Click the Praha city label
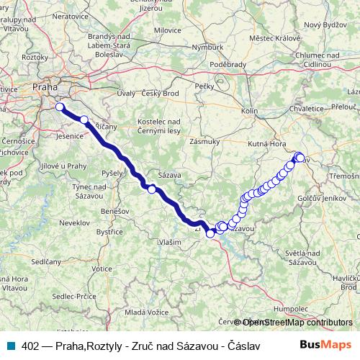[45, 88]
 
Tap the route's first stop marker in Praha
[60, 107]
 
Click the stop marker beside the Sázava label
[152, 189]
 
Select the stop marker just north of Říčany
[84, 120]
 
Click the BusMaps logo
[326, 345]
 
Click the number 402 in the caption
[30, 346]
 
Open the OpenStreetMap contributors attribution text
[297, 322]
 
